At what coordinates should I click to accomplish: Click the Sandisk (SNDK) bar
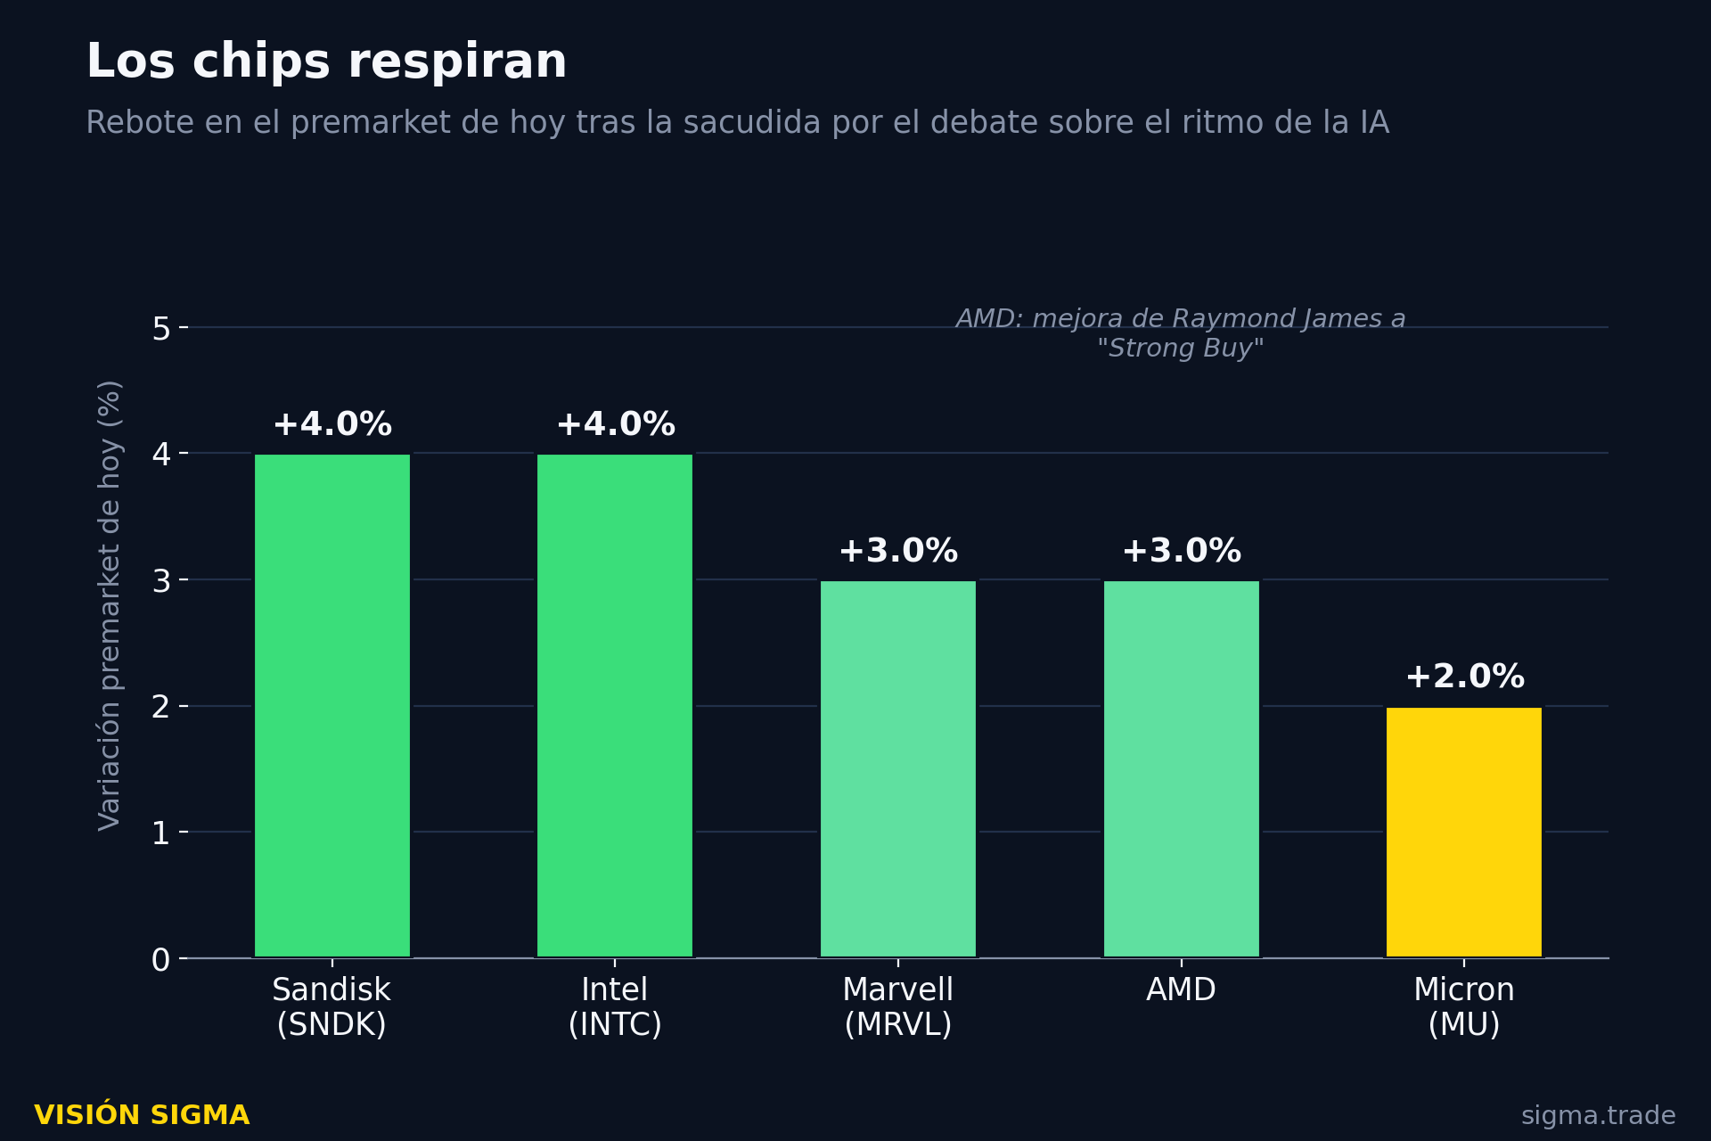click(332, 705)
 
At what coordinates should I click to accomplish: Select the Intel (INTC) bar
click(615, 705)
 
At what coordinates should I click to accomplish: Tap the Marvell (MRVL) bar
click(898, 768)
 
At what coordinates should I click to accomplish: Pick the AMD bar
click(1182, 768)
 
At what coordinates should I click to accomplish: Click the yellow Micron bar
click(1464, 832)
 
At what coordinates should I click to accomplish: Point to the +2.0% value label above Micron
click(1464, 677)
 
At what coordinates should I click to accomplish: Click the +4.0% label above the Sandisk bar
click(332, 424)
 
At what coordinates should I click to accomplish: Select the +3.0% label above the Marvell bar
click(898, 551)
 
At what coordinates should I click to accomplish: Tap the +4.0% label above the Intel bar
click(615, 424)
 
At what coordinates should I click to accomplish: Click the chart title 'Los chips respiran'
click(326, 62)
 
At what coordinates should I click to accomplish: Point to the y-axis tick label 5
click(161, 329)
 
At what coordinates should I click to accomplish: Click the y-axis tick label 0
click(161, 960)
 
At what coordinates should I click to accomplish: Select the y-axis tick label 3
click(161, 581)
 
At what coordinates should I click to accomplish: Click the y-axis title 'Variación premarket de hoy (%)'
click(110, 605)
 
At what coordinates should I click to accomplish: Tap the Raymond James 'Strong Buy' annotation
click(1181, 333)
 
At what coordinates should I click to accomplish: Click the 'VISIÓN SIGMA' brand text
click(142, 1115)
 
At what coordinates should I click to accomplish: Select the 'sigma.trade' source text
click(1598, 1116)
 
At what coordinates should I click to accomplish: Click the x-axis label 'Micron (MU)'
click(1464, 1007)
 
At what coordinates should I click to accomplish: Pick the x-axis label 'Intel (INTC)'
click(615, 1007)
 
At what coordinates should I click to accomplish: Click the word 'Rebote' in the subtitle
click(140, 123)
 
